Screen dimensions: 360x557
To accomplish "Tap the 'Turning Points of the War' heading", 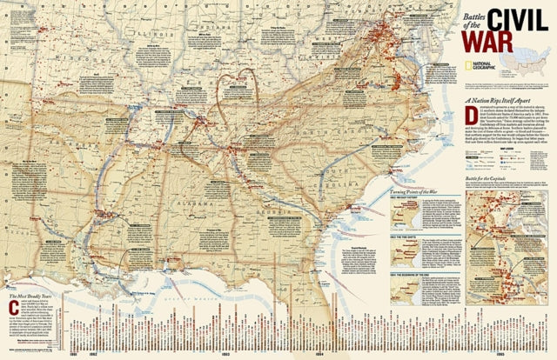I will pos(415,214).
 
